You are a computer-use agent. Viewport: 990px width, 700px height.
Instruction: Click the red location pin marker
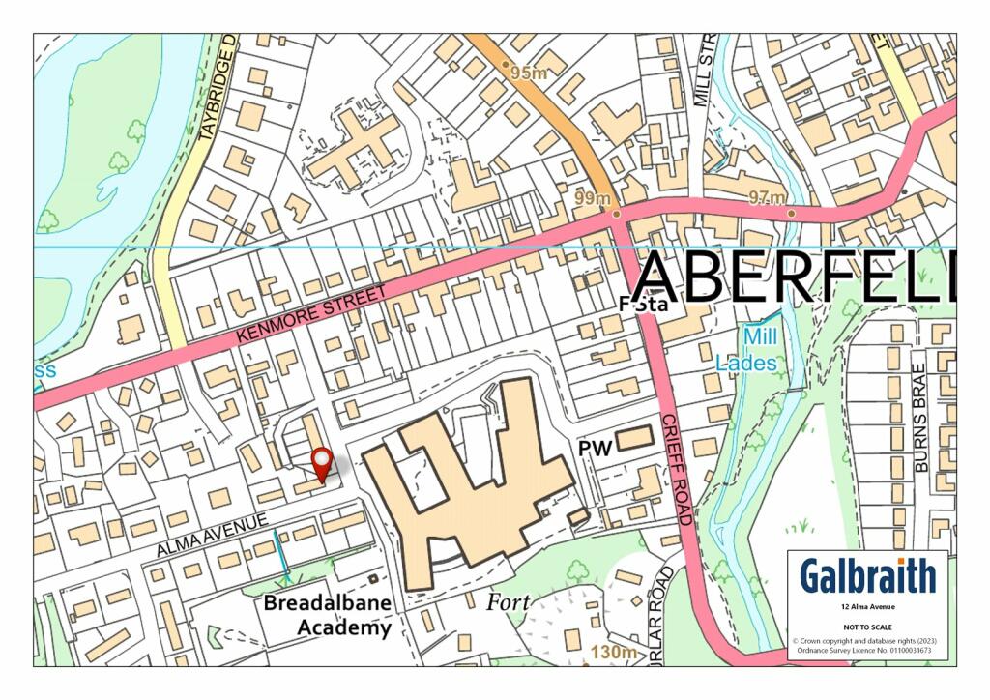click(321, 463)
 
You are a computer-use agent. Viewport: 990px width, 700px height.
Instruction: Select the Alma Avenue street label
click(212, 535)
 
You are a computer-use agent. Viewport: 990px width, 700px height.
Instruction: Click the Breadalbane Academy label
click(329, 615)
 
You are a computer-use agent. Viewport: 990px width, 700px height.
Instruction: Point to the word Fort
click(508, 601)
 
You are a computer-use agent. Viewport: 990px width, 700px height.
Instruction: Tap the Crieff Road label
click(674, 469)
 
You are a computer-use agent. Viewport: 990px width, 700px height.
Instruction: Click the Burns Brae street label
click(919, 423)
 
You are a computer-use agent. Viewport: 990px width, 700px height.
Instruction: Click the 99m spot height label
click(592, 198)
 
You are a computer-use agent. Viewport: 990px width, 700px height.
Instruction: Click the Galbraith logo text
click(867, 576)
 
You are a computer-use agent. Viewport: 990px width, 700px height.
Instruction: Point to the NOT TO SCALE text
click(867, 624)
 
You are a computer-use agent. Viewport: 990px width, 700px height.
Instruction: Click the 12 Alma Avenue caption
click(867, 606)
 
